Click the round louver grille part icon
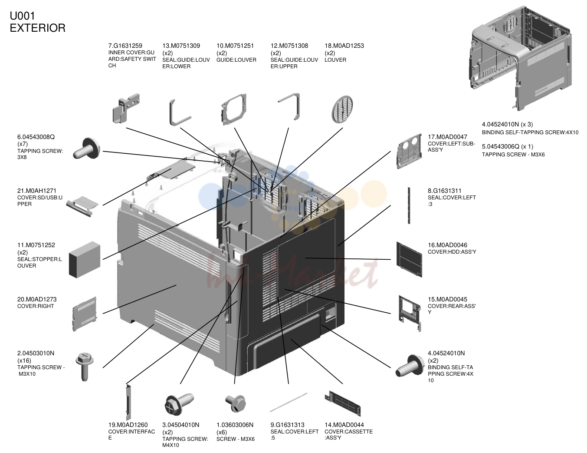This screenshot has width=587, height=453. click(342, 109)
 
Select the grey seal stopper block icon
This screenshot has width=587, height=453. click(85, 260)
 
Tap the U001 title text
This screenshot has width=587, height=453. click(22, 16)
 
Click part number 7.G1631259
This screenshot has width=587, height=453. click(125, 46)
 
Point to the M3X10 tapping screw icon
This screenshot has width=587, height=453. click(85, 367)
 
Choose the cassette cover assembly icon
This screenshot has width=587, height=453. click(343, 403)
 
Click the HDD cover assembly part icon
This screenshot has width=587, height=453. click(409, 259)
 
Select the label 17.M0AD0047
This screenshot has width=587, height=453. click(447, 137)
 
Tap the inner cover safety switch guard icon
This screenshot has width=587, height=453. click(126, 108)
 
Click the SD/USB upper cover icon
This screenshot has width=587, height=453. click(82, 206)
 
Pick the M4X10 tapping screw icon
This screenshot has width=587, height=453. click(179, 404)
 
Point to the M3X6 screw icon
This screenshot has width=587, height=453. click(236, 403)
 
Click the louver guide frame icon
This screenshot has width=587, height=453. click(234, 109)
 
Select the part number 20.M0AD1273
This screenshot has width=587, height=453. click(37, 299)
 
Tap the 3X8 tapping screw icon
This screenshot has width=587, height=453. click(87, 149)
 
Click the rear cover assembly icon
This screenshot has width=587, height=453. click(410, 313)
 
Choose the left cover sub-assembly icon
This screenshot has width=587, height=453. click(409, 151)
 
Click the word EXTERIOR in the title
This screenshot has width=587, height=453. click(38, 28)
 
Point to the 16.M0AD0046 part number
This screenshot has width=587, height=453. click(447, 245)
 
